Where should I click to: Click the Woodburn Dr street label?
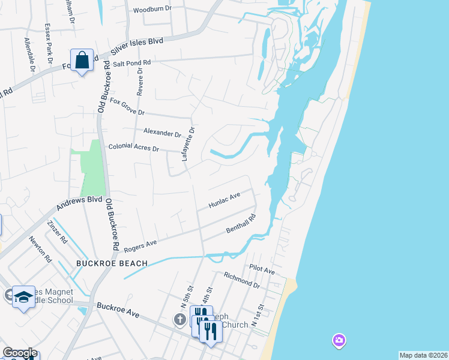coord(152,10)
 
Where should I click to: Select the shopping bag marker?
coord(81,61)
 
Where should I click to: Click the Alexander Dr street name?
coord(162,133)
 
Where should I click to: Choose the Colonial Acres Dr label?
coord(133,148)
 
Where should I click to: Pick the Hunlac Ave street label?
coord(224,200)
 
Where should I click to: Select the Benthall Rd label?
coord(241,223)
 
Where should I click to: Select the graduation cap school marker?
coord(23,298)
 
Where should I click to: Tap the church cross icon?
coord(179,320)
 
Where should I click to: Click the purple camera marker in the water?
coord(339,341)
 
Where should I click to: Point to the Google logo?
coord(19,353)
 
